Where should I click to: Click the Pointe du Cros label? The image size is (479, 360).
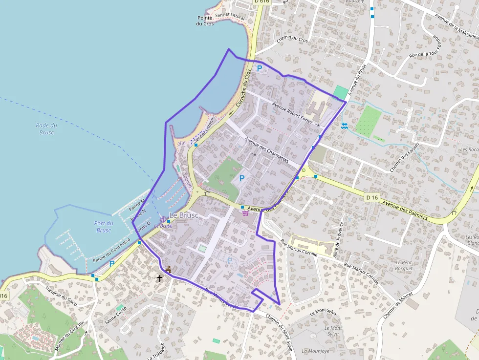(x=205, y=21)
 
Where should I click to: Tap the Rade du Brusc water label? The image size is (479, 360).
(x=46, y=129)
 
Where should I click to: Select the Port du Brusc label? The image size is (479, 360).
(x=104, y=227)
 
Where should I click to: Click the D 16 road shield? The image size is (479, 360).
(x=371, y=197)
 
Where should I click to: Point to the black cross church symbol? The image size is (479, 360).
(x=159, y=278)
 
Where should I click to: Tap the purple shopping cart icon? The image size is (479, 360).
(x=245, y=212)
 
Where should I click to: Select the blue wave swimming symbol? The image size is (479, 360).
(x=345, y=126)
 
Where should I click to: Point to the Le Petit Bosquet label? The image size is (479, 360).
(x=405, y=265)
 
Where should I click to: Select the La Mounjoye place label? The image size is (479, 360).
(x=312, y=351)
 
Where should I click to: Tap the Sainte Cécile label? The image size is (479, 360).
(x=115, y=315)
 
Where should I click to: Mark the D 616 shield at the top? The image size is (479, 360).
(x=261, y=1)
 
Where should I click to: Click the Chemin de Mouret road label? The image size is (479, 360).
(x=398, y=305)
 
